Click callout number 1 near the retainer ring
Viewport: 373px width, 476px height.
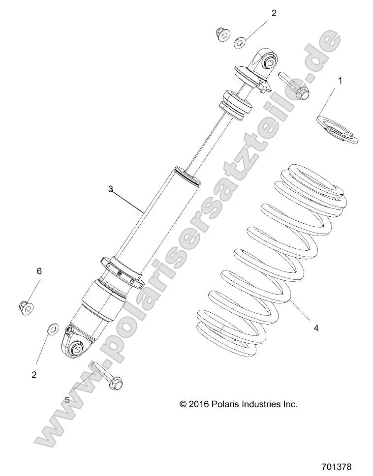[x=340, y=80]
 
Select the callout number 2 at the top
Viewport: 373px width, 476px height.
[x=274, y=13]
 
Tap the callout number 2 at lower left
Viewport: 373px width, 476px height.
[x=34, y=375]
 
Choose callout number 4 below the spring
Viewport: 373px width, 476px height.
[x=316, y=328]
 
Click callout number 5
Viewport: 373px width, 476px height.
[x=67, y=400]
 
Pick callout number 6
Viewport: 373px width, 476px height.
[x=39, y=270]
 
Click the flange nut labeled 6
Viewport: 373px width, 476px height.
[x=26, y=307]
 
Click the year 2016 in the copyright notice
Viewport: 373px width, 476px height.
[x=199, y=404]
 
